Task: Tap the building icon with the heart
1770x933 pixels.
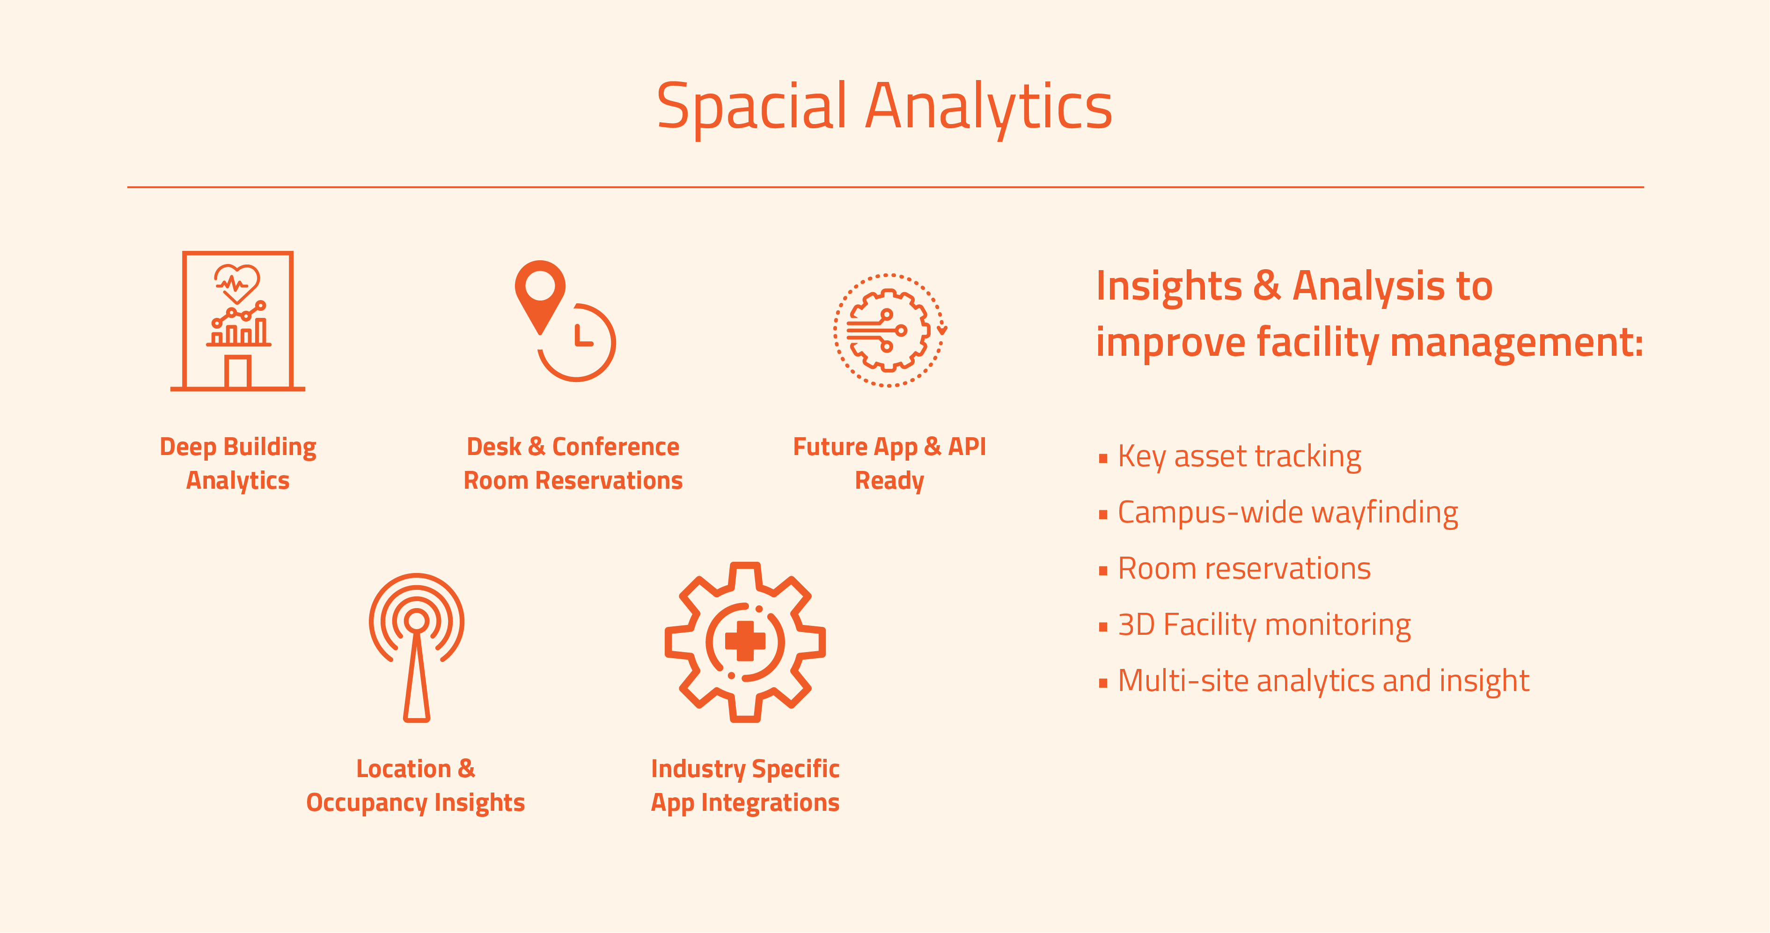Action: (x=238, y=321)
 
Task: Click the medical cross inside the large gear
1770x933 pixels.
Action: (x=745, y=641)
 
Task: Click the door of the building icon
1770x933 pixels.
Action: (x=238, y=372)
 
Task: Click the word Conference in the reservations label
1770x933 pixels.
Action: (x=616, y=447)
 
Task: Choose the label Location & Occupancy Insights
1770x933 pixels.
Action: (x=416, y=785)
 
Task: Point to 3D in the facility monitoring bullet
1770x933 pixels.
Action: (x=1137, y=624)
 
